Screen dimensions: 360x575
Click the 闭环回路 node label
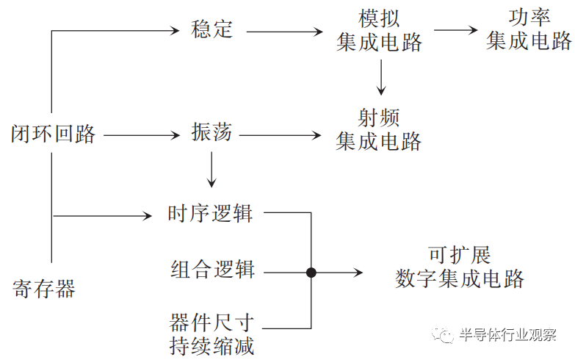tap(54, 134)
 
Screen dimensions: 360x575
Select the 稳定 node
tap(211, 30)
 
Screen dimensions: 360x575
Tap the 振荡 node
tap(211, 134)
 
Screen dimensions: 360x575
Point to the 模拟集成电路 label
tap(380, 30)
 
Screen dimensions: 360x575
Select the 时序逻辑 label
tap(211, 214)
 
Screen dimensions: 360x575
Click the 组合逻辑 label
tap(212, 270)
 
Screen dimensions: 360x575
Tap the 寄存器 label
tap(44, 289)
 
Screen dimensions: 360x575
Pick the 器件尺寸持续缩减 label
tap(212, 334)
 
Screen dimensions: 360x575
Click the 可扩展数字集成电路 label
tap(460, 267)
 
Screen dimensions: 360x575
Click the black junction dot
tap(311, 273)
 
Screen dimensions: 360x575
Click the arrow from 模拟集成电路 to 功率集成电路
tap(455, 31)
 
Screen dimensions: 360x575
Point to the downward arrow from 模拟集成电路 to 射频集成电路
tap(380, 77)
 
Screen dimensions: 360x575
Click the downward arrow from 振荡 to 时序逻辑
tap(211, 170)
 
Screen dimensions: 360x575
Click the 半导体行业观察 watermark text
tap(507, 335)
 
